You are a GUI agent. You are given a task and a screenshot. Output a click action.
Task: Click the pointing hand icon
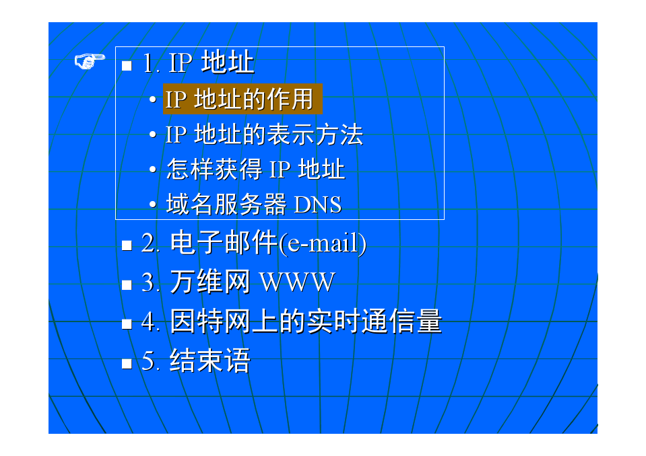point(90,61)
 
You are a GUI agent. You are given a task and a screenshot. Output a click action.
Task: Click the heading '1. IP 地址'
point(199,63)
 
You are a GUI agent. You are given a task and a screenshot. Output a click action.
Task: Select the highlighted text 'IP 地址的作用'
point(239,99)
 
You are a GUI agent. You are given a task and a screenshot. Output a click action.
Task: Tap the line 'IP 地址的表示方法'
point(264,135)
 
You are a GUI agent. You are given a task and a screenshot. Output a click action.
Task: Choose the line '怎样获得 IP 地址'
point(255,169)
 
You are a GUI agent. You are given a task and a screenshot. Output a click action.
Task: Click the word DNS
point(318,204)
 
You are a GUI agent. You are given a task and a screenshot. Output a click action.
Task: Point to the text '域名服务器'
point(226,204)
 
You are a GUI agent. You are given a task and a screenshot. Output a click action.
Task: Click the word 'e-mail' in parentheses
point(322,243)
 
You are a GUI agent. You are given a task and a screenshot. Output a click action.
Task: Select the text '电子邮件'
point(224,243)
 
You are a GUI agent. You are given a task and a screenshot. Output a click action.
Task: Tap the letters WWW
point(298,282)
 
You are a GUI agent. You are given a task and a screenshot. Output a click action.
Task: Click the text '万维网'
point(210,282)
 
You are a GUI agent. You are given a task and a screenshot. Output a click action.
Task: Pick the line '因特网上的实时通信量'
point(306,321)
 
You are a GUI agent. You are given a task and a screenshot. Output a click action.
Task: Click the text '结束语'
point(210,360)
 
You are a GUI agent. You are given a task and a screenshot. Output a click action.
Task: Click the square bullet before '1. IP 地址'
point(127,66)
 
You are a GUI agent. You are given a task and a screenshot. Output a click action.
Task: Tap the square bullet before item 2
point(127,245)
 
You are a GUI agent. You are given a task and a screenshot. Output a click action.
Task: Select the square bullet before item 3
point(127,285)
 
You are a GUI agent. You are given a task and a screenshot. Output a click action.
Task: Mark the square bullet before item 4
point(127,324)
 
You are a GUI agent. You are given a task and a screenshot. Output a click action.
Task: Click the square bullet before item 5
point(127,363)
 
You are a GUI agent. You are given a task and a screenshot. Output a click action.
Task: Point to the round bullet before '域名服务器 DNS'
point(153,204)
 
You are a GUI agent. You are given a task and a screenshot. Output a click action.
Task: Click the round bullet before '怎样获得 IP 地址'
point(153,169)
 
